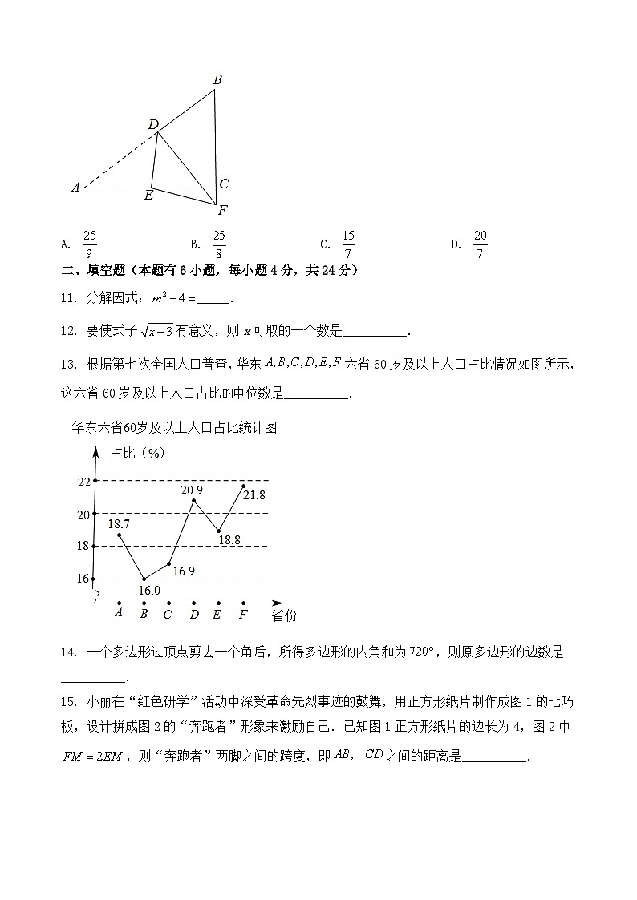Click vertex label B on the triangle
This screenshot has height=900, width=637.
pos(217,79)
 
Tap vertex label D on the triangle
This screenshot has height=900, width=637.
pos(153,124)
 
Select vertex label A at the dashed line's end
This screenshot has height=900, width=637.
pos(75,188)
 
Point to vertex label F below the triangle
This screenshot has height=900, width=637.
pos(222,211)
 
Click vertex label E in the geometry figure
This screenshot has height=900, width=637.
pos(148,196)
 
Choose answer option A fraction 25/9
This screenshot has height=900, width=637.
pos(90,244)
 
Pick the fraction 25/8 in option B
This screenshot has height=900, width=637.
pos(219,244)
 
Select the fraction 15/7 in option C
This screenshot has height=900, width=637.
pos(348,244)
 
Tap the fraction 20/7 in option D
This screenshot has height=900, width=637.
pos(480,244)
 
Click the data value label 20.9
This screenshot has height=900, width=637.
pos(191,490)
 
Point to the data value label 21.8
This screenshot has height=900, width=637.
pos(254,495)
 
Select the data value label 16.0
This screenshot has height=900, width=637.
pos(149,591)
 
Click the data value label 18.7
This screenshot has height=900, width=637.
pos(119,523)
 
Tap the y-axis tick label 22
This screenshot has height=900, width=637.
pos(83,482)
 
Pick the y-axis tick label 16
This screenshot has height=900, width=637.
pos(83,579)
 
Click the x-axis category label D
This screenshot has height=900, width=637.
pos(194,615)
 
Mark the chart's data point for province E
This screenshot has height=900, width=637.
pos(218,531)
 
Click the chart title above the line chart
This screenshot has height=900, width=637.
pos(174,428)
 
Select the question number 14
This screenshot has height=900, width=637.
pos(67,652)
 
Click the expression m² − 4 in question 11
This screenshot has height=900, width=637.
pos(169,299)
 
